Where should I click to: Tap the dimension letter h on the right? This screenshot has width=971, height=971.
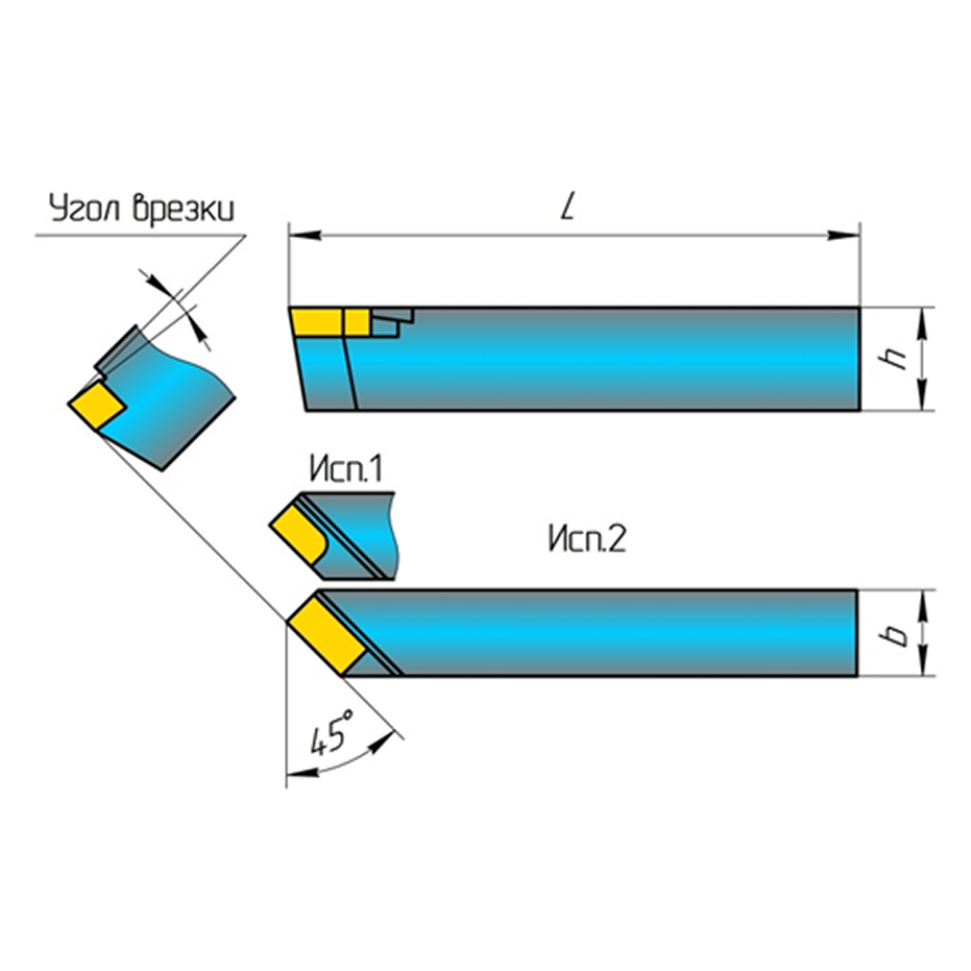[x=899, y=359]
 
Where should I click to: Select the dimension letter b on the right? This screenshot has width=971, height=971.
[x=898, y=635]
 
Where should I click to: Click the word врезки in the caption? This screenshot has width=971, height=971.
[x=182, y=209]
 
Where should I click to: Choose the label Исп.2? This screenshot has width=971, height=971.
[x=585, y=540]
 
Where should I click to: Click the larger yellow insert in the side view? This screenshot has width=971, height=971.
[x=317, y=322]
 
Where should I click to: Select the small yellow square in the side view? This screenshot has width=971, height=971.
[x=356, y=322]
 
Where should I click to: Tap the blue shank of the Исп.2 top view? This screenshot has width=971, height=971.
[x=616, y=631]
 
